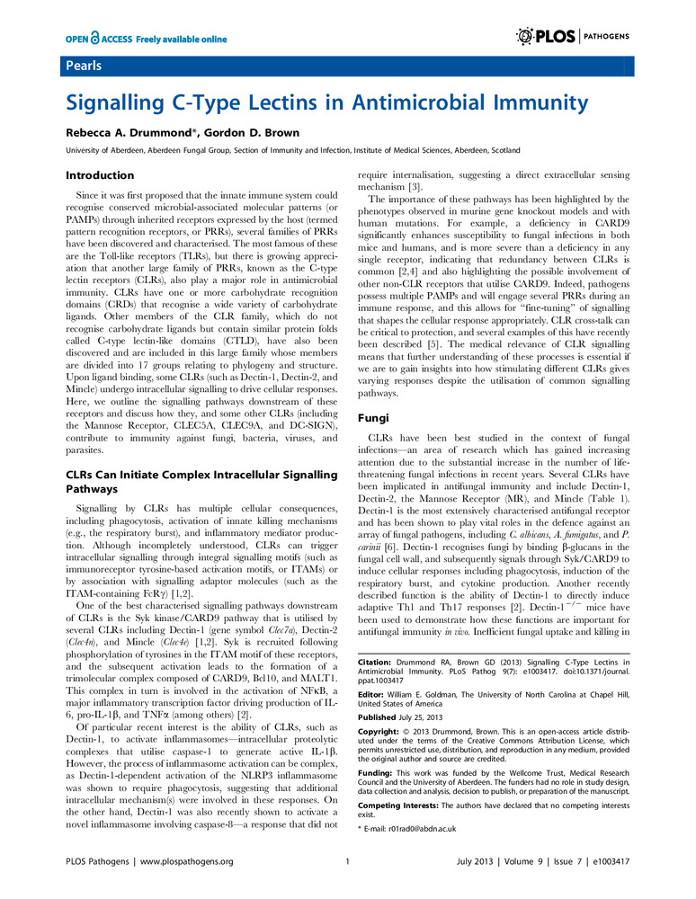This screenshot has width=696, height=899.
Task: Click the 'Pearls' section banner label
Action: pyautogui.click(x=83, y=67)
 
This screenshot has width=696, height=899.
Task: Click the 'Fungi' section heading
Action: pyautogui.click(x=372, y=418)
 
